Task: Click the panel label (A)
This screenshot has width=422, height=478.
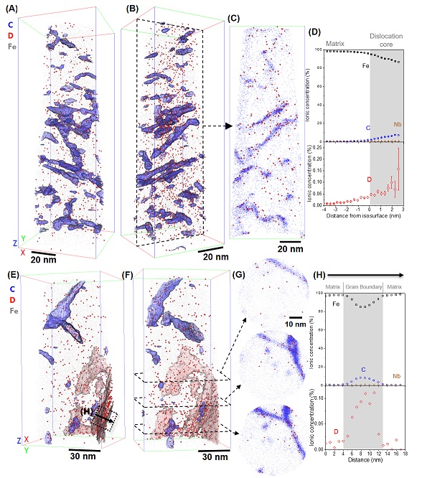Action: tap(13, 10)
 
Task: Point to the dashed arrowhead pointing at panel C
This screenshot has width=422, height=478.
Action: tap(230, 126)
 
